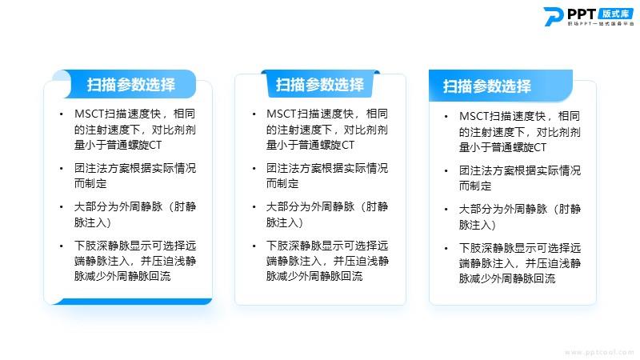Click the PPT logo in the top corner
[589, 17]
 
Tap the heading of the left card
[130, 85]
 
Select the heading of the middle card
[319, 85]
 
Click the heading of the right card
[487, 86]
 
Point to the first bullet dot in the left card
[62, 114]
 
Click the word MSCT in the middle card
[282, 114]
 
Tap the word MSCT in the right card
[474, 116]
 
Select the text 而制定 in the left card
[90, 184]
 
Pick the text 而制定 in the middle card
[282, 184]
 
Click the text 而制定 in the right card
[475, 186]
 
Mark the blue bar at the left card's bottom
[132, 302]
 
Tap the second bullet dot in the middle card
[254, 169]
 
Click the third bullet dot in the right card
[446, 210]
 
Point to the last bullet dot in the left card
[62, 246]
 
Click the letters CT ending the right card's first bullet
[540, 147]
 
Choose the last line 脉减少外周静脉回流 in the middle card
[314, 276]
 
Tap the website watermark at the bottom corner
[599, 352]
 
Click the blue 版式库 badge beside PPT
[616, 14]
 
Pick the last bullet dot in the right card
[446, 249]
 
